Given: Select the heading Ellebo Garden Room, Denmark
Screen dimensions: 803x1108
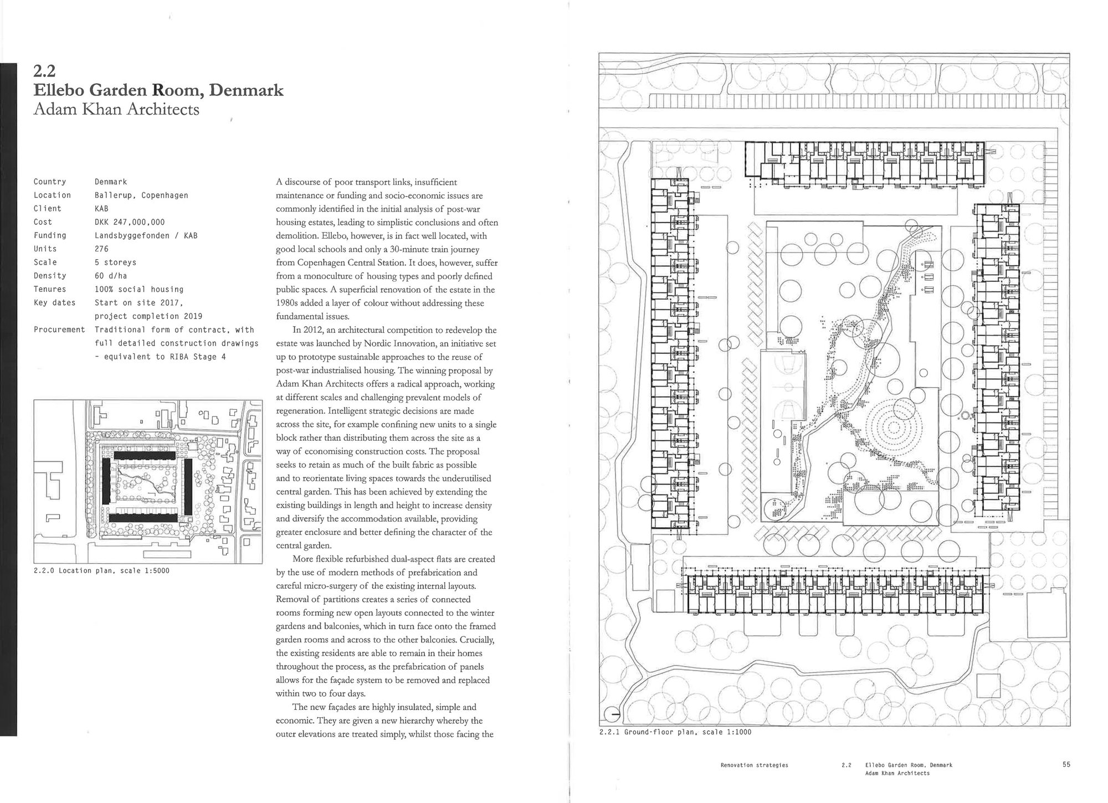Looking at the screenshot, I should click(158, 90).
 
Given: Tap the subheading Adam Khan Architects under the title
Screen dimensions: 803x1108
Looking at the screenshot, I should click(116, 109).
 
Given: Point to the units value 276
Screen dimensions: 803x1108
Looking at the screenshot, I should click(102, 249).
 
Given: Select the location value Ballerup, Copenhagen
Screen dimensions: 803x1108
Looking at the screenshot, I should click(141, 195).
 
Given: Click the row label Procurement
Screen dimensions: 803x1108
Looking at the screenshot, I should click(59, 330).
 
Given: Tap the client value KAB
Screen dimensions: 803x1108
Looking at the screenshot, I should click(101, 209).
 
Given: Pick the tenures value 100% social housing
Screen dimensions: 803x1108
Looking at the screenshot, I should click(138, 289).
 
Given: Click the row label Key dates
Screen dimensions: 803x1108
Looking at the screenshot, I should click(54, 303).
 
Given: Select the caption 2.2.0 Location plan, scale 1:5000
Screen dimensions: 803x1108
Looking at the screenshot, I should click(101, 570).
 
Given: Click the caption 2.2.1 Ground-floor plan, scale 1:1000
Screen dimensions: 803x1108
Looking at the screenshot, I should click(675, 732).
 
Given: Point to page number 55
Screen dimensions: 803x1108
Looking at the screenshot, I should click(1066, 765).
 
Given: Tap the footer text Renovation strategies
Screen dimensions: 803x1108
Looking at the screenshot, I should click(754, 765).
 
